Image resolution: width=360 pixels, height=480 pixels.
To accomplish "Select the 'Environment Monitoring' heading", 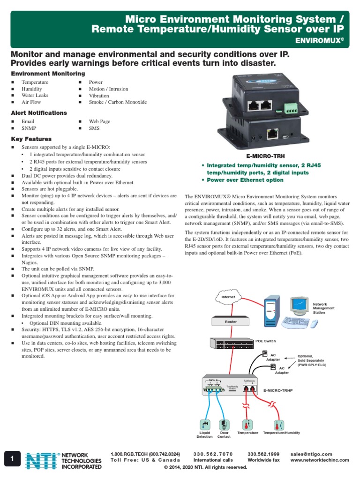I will click(48, 74).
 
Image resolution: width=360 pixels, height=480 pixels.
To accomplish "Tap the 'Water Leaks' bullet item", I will click(35, 95).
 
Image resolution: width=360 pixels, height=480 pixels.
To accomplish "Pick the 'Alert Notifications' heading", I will click(39, 113).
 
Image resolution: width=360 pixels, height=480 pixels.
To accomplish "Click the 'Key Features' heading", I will click(31, 139).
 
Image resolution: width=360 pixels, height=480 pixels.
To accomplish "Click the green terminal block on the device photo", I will click(291, 109).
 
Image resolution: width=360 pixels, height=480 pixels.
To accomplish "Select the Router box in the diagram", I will click(231, 322).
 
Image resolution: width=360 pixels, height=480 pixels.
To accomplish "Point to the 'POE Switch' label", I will click(266, 341).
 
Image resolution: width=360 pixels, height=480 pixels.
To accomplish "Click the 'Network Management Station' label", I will click(323, 308).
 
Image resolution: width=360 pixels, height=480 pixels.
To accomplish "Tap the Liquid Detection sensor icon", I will click(205, 424).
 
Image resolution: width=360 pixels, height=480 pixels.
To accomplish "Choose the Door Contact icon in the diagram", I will click(224, 424).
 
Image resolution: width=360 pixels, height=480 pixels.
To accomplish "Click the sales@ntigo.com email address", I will click(311, 454).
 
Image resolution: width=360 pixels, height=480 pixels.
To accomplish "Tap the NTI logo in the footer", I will click(41, 461).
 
